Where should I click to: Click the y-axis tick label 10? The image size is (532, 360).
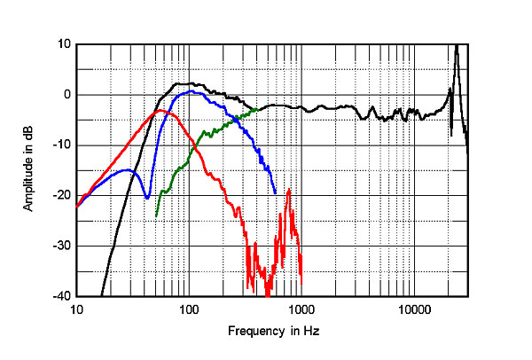64,43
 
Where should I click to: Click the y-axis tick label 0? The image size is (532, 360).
66,94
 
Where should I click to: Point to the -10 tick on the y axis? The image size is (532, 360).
62,145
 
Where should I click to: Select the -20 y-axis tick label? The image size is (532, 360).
62,195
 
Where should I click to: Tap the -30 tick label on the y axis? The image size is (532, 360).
62,246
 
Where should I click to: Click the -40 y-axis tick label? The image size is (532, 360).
62,296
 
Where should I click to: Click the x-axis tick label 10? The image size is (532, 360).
77,309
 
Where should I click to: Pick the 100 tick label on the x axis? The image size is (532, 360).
189,309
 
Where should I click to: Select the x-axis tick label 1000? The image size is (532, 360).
301,309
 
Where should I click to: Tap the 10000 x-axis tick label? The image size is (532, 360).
413,309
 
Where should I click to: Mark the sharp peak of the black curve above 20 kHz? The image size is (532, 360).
456,46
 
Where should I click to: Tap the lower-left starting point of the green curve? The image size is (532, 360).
157,215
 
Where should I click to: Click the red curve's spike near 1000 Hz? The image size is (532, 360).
289,191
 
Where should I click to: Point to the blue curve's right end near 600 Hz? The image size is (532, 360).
275,192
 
